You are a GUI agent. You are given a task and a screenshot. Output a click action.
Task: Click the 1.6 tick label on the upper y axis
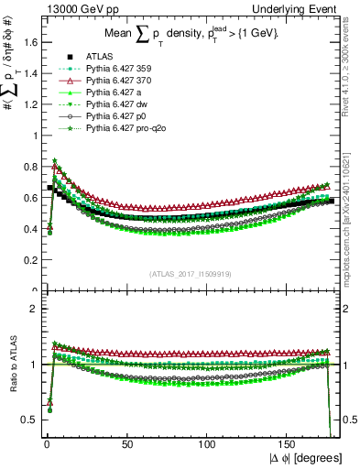pyautogui.click(x=28, y=42)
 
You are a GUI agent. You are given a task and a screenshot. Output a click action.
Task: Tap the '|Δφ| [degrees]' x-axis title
pyautogui.click(x=308, y=457)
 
